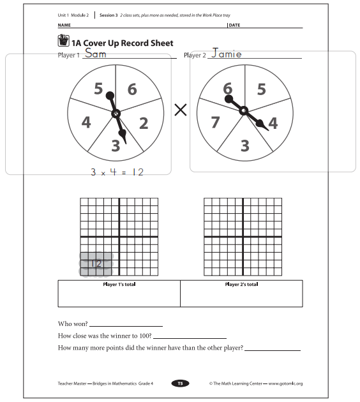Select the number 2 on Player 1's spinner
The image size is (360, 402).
144,123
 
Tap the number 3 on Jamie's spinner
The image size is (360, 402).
244,146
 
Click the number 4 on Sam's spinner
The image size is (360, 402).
86,122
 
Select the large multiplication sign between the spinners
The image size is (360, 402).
181,110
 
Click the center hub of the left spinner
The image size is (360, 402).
116,114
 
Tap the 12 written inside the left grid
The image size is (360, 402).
96,263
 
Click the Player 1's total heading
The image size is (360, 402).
119,285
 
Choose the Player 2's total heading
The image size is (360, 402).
241,285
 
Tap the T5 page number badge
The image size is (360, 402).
180,383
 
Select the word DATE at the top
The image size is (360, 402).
234,25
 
